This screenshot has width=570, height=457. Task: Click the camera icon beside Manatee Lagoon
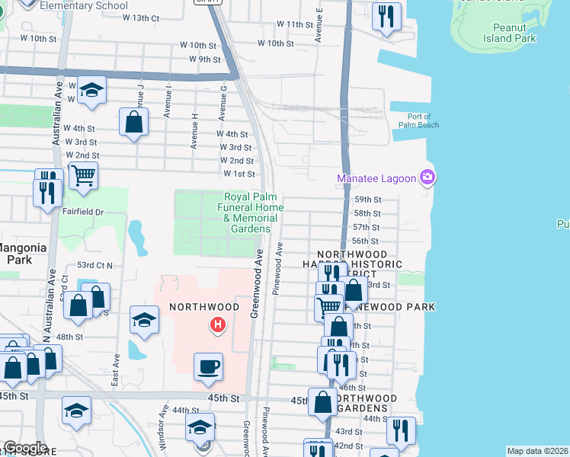427,178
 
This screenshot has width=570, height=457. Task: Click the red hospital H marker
218,325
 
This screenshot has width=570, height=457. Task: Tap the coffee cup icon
208,367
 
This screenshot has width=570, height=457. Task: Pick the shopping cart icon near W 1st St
83,175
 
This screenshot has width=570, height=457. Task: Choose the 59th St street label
366,200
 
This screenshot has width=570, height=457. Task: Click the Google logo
24,448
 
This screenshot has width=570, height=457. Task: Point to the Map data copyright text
536,451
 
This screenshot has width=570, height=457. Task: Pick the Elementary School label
84,5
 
